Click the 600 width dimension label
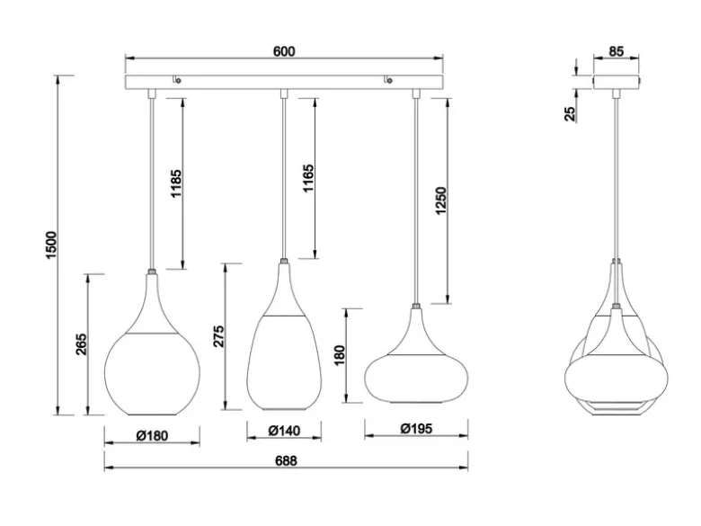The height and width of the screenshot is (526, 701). pos(284,51)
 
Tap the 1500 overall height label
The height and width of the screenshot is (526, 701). pos(51,245)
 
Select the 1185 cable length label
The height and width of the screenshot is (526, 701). pos(176,183)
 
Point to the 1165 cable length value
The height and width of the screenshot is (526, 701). pos(308,178)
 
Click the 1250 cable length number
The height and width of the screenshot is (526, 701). pos(440,201)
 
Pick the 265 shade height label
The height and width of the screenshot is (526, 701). pos(82,344)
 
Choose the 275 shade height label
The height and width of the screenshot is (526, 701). pos(218,336)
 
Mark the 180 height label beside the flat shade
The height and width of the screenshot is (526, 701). pos(340,355)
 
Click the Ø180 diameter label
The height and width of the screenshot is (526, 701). pos(153,435)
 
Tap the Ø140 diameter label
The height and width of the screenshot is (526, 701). pos(284,431)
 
